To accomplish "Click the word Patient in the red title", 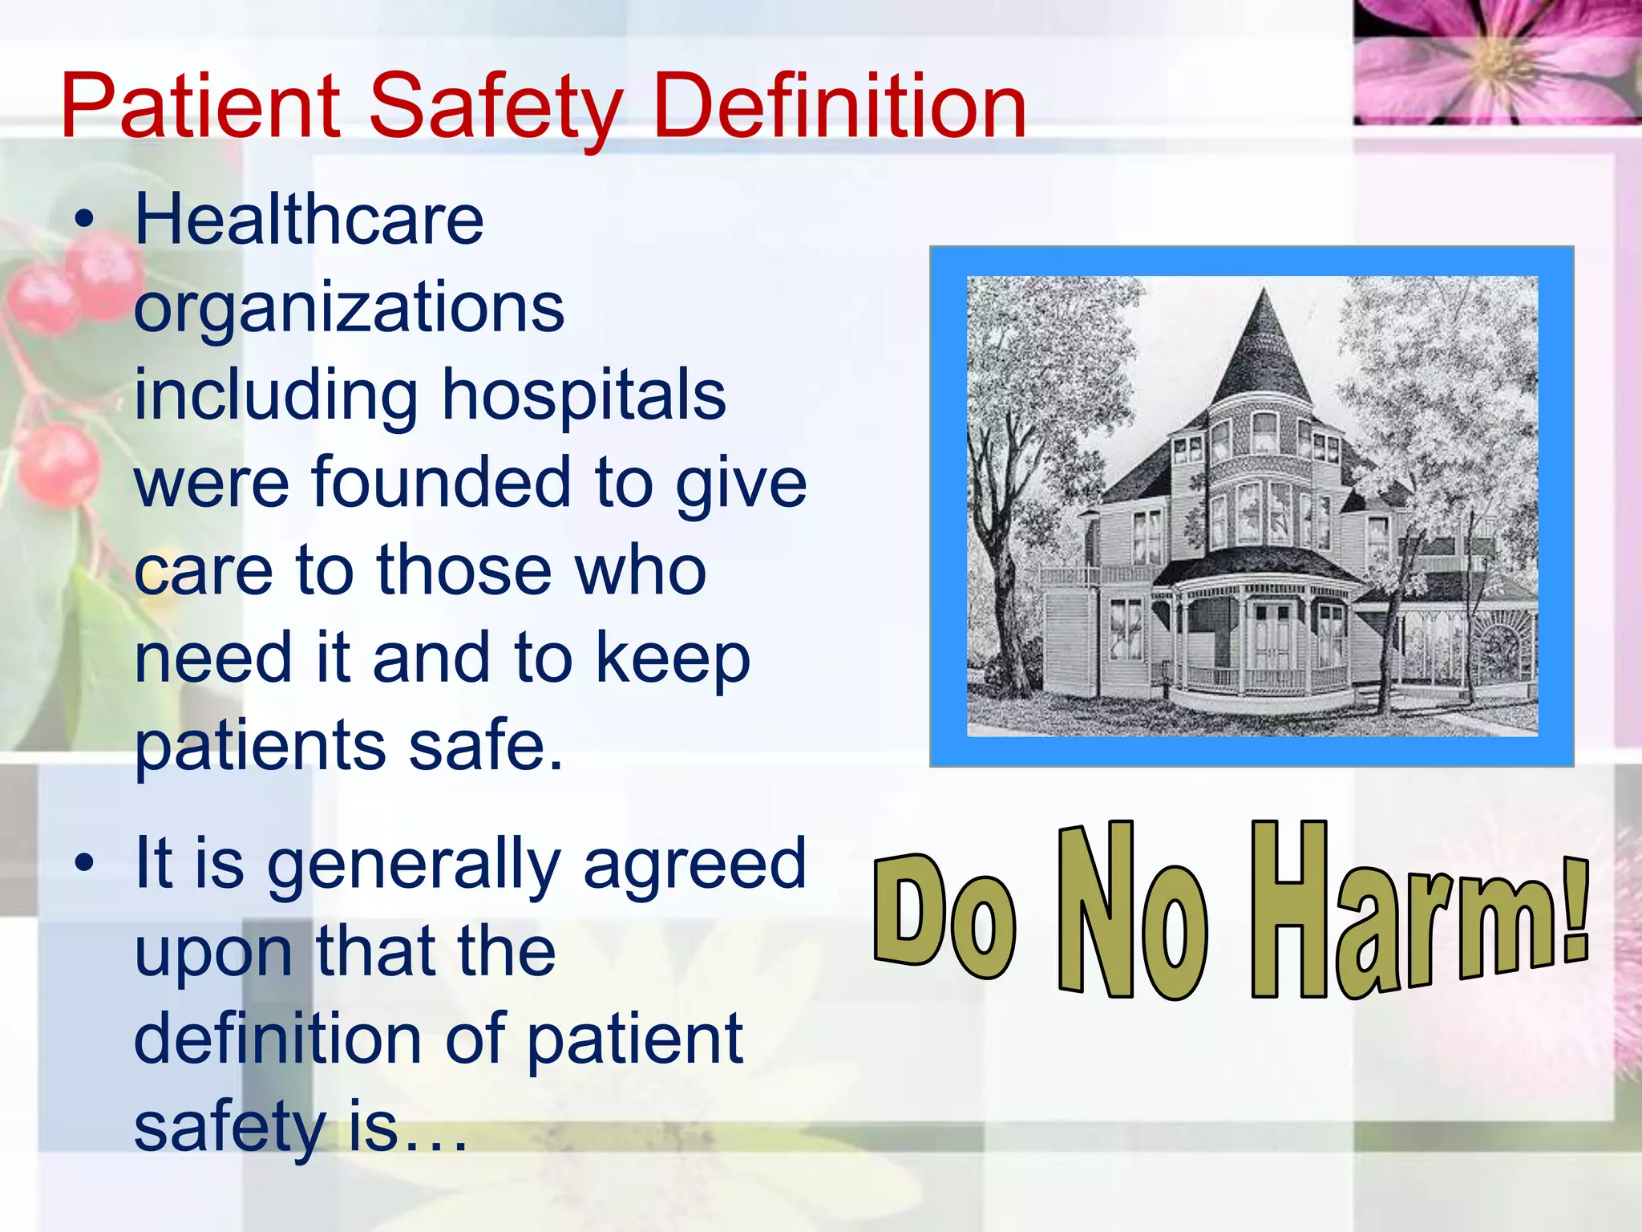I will click(200, 107).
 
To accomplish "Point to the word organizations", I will click(349, 309).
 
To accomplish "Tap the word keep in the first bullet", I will click(672, 659).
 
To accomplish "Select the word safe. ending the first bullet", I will click(485, 746).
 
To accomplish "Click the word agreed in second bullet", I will click(694, 865).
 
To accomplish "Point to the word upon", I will click(213, 953).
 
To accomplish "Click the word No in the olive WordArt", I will click(1130, 914).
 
